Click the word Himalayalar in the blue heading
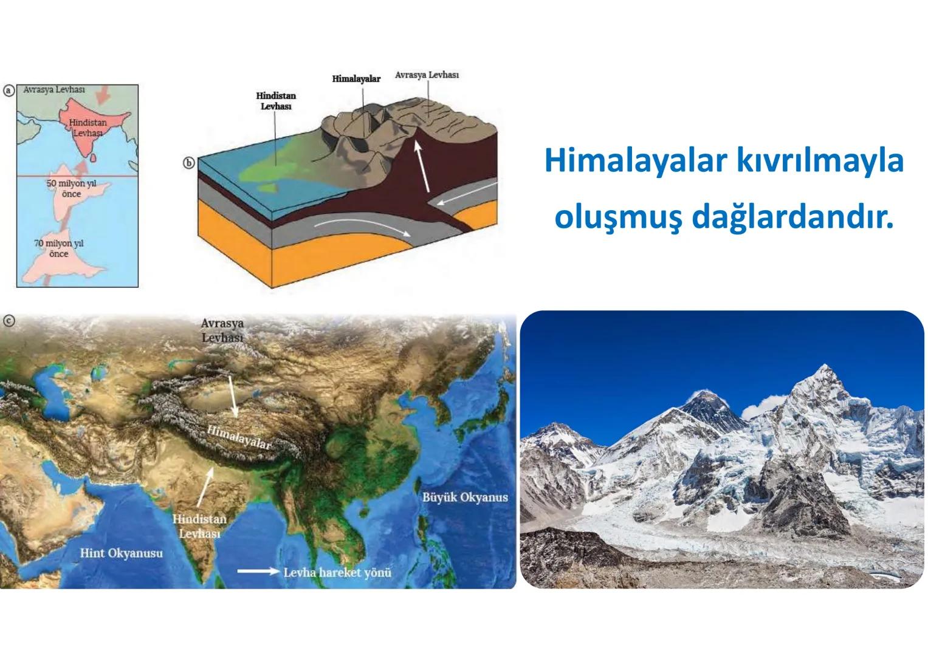(635, 162)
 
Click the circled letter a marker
(9, 91)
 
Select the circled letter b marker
(189, 163)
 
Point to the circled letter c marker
(9, 321)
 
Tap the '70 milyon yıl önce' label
(59, 248)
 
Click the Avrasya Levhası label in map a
(54, 89)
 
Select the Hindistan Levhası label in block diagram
(276, 101)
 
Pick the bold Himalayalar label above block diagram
(356, 79)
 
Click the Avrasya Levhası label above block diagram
(427, 75)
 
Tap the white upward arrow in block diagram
(422, 167)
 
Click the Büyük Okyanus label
(465, 497)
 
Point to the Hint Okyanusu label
(122, 553)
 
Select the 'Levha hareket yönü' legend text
(337, 572)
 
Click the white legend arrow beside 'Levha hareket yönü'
(258, 572)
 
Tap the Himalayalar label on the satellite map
(238, 438)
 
